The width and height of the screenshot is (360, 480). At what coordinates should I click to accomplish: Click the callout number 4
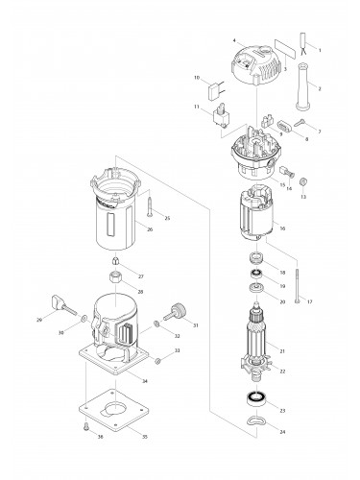(233, 40)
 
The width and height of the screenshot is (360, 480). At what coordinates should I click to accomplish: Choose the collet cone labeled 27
(116, 262)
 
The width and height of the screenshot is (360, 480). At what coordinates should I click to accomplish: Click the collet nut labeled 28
(116, 279)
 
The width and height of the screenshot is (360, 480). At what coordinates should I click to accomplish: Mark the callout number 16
(282, 228)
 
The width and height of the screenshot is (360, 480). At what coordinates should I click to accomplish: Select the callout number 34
(144, 382)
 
